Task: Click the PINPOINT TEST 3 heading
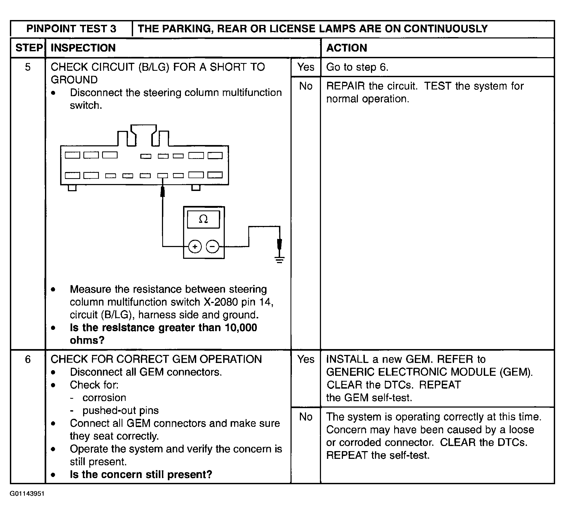[71, 29]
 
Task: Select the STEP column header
[29, 48]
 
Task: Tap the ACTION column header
[347, 48]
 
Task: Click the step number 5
[28, 67]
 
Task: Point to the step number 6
[28, 359]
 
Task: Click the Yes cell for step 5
[306, 67]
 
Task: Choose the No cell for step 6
[306, 417]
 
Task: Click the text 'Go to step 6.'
[357, 67]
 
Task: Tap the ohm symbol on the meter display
[203, 219]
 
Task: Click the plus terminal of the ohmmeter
[195, 247]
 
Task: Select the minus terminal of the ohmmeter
[212, 247]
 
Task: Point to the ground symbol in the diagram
[279, 260]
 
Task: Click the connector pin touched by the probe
[162, 176]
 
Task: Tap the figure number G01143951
[27, 501]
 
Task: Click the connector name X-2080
[221, 302]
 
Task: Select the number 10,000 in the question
[241, 327]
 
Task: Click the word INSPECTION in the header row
[83, 48]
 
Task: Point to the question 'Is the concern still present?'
[141, 475]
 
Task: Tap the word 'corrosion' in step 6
[104, 398]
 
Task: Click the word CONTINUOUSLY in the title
[446, 29]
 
